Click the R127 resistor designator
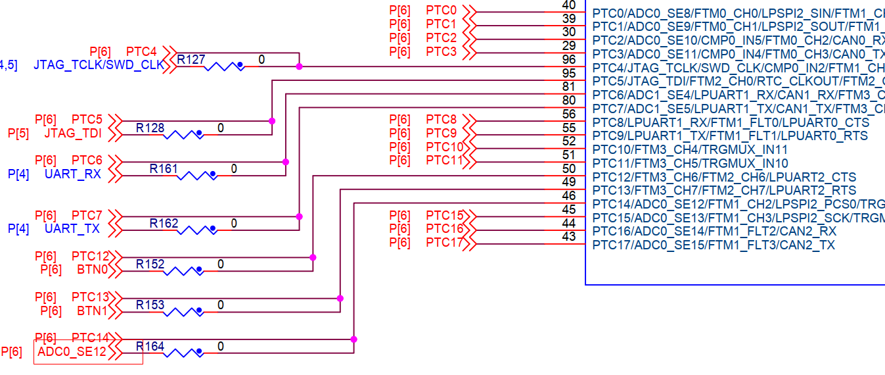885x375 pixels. tap(191, 60)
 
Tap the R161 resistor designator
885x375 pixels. tap(164, 169)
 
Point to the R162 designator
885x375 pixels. tap(164, 224)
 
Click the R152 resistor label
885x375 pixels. tap(150, 264)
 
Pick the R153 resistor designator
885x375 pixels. tap(150, 305)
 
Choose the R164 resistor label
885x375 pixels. tap(150, 346)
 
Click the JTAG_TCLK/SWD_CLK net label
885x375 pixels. tap(99, 66)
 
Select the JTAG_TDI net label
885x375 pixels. tap(73, 134)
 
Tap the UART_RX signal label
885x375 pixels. tap(73, 174)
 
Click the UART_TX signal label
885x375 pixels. tap(73, 229)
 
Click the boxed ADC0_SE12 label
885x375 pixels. tap(72, 352)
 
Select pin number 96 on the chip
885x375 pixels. tap(569, 60)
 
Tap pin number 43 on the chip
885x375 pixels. tap(569, 237)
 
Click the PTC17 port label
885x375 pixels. tap(445, 243)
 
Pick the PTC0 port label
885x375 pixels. tap(441, 11)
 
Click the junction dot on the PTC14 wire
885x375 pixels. tap(354, 339)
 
